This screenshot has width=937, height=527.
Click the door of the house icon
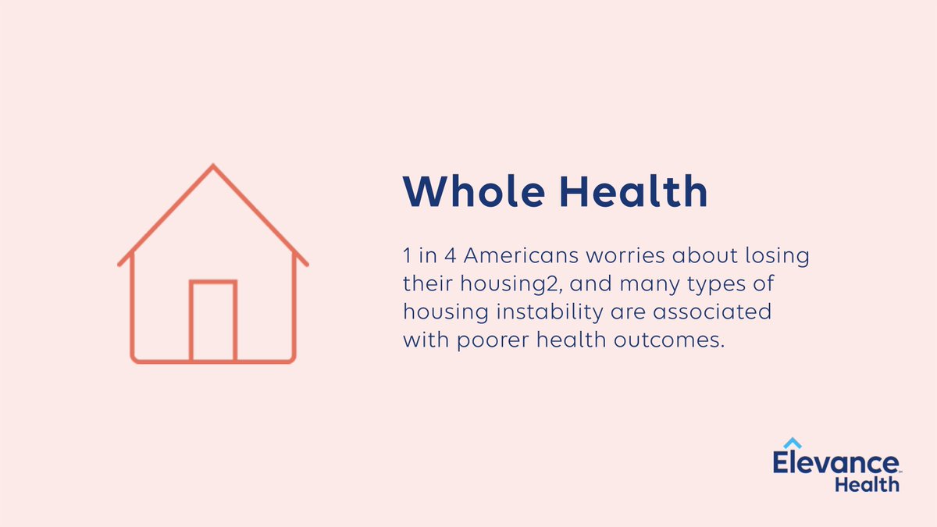[213, 321]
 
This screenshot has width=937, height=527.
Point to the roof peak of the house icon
[213, 167]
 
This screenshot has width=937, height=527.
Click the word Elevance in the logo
[836, 462]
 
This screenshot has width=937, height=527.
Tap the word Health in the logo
[867, 484]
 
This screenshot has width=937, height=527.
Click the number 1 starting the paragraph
[406, 257]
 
